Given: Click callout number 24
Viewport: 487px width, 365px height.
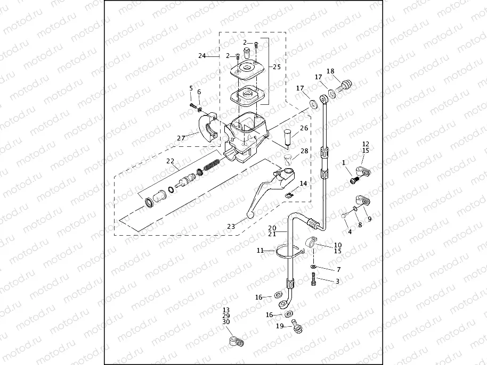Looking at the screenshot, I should tap(202, 56).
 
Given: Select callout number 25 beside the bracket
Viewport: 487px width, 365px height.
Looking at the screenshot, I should tap(276, 67).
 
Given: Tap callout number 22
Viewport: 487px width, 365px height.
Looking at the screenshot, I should tap(170, 161).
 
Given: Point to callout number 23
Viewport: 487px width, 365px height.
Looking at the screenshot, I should tap(231, 226).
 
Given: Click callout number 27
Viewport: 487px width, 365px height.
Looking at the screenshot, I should tap(181, 138).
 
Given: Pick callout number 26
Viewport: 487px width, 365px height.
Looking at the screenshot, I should tap(304, 128).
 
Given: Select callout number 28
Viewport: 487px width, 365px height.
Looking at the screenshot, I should tap(304, 152).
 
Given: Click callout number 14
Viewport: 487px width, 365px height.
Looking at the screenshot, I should tap(303, 184).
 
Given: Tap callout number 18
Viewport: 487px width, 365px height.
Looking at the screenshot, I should tap(330, 71).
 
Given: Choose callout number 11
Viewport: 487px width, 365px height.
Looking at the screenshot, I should tap(260, 250).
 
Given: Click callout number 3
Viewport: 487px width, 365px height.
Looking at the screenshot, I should tap(337, 280).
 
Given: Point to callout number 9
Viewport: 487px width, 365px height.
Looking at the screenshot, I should tap(370, 219).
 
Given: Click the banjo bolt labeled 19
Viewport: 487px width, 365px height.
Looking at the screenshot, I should tap(296, 326).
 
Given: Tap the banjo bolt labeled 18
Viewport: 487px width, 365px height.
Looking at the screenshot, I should tap(346, 84).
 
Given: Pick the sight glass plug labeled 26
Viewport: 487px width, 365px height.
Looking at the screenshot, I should tap(288, 136).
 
